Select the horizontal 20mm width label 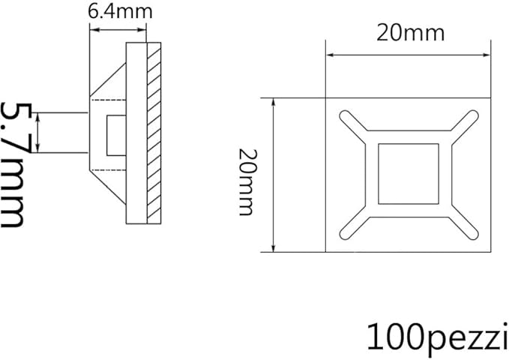click(409, 33)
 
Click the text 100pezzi click(433, 337)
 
